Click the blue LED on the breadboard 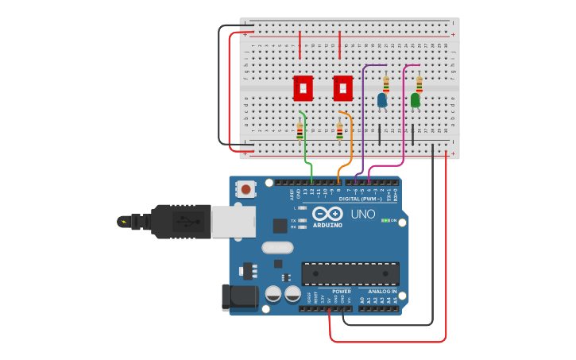point(382,101)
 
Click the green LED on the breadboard point(415,101)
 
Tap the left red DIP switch point(303,87)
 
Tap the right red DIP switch point(342,87)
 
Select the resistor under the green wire point(300,131)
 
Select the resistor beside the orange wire point(340,131)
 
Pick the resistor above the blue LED point(386,83)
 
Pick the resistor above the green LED point(419,83)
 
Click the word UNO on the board point(363,214)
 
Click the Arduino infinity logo point(327,214)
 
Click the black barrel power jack point(238,297)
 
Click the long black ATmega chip point(350,273)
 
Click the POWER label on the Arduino point(342,292)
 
